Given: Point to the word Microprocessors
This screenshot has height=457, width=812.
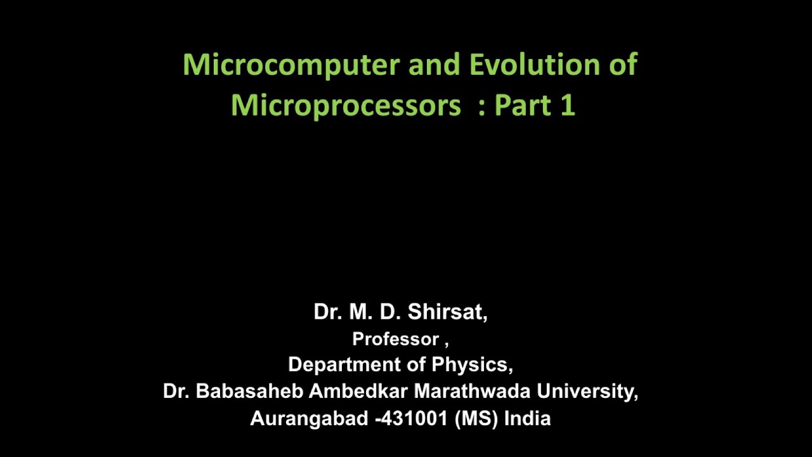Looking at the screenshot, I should [346, 105].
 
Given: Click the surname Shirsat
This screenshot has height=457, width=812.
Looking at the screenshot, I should [447, 312].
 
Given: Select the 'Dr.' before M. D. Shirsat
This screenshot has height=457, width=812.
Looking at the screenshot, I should [327, 312].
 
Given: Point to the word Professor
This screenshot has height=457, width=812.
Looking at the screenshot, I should [395, 340].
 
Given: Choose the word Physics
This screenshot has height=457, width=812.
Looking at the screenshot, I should [472, 365].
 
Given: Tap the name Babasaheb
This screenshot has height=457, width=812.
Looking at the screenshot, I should [249, 392].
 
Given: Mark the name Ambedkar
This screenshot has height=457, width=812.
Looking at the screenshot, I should [358, 392].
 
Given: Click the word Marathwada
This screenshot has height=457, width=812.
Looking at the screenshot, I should [473, 392].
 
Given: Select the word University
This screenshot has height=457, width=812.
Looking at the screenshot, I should [587, 392].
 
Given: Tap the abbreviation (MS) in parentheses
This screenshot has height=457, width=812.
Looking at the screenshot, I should [476, 419].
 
